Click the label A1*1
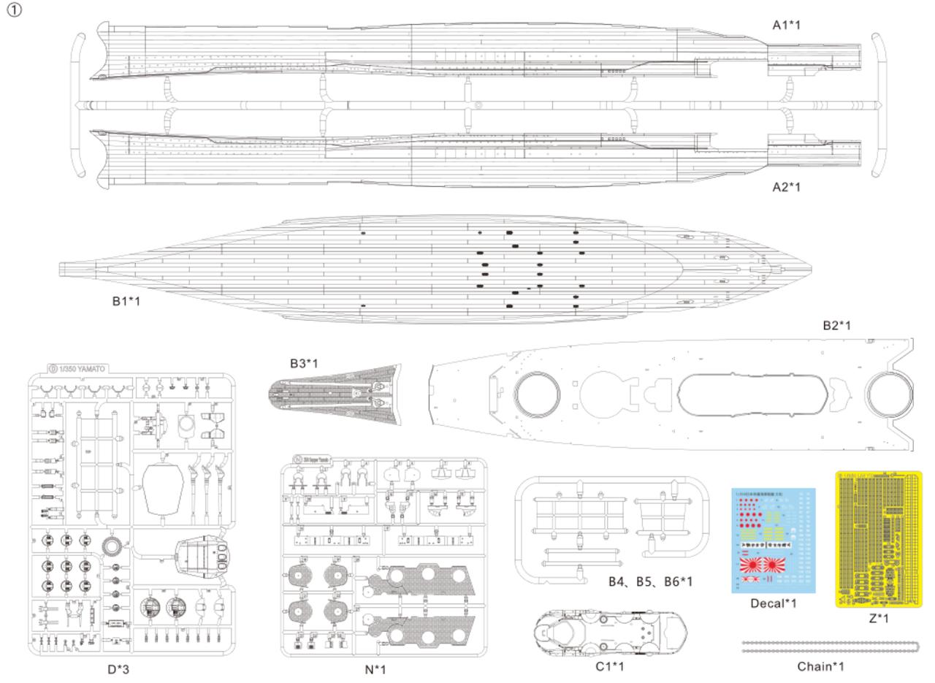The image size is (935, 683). (787, 25)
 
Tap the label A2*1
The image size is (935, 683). (787, 187)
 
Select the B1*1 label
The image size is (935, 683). (126, 300)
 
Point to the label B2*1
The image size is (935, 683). (836, 326)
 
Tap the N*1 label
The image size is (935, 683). (375, 668)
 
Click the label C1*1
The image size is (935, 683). (609, 665)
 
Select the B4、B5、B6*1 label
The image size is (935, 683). (650, 581)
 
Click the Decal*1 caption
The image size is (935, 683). (774, 603)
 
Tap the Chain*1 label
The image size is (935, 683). (820, 666)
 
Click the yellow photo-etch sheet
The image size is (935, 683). (878, 539)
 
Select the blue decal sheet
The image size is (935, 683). (774, 539)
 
